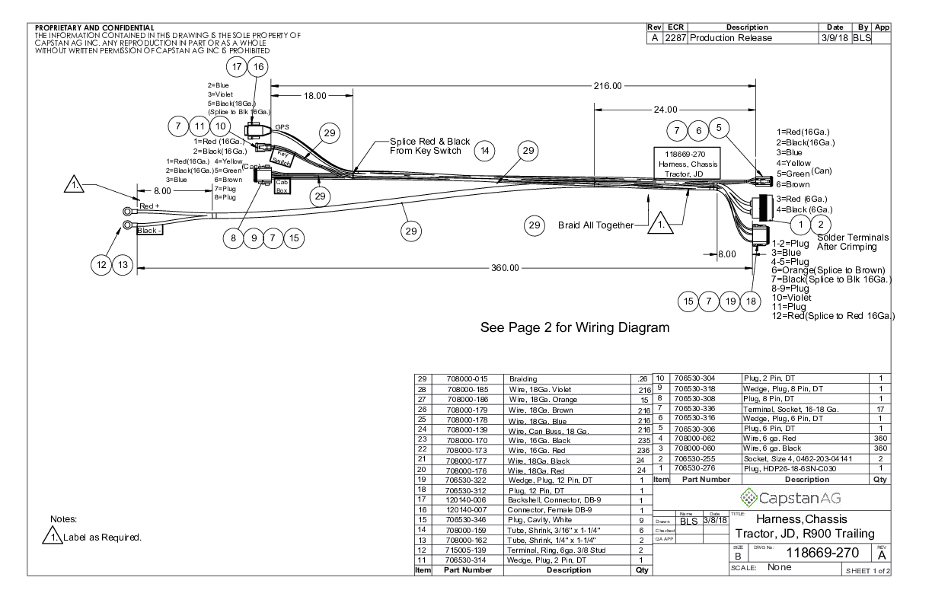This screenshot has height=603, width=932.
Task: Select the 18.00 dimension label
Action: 314,96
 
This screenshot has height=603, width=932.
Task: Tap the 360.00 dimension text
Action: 504,268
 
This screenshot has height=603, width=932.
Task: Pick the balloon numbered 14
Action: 485,151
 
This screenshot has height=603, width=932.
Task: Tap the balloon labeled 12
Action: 101,264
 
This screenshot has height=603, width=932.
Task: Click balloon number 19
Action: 731,301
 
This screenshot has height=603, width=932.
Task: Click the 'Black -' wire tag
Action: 149,230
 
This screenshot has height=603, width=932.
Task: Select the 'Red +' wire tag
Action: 149,206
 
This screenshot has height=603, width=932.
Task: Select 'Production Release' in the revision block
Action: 731,38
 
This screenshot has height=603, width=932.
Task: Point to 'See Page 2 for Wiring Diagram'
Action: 575,328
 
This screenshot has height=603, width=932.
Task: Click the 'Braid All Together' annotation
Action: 595,225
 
